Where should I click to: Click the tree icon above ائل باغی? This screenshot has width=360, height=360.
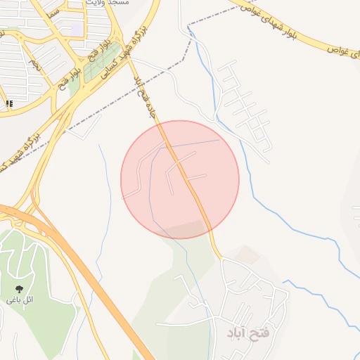point(19,288)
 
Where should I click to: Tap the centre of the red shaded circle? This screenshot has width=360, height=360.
point(180,179)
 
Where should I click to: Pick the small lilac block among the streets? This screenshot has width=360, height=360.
point(75,30)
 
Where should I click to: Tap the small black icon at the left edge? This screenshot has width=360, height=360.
point(9,104)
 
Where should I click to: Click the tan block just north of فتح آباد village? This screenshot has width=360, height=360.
point(246,255)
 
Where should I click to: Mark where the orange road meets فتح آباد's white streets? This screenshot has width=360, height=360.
point(221,259)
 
